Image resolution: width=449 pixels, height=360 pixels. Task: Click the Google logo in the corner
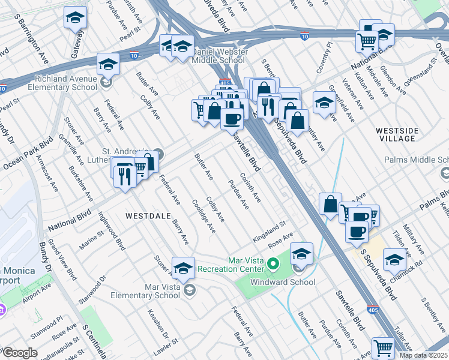coord(20,353)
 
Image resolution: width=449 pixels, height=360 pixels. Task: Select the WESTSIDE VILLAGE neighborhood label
coord(395,134)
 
